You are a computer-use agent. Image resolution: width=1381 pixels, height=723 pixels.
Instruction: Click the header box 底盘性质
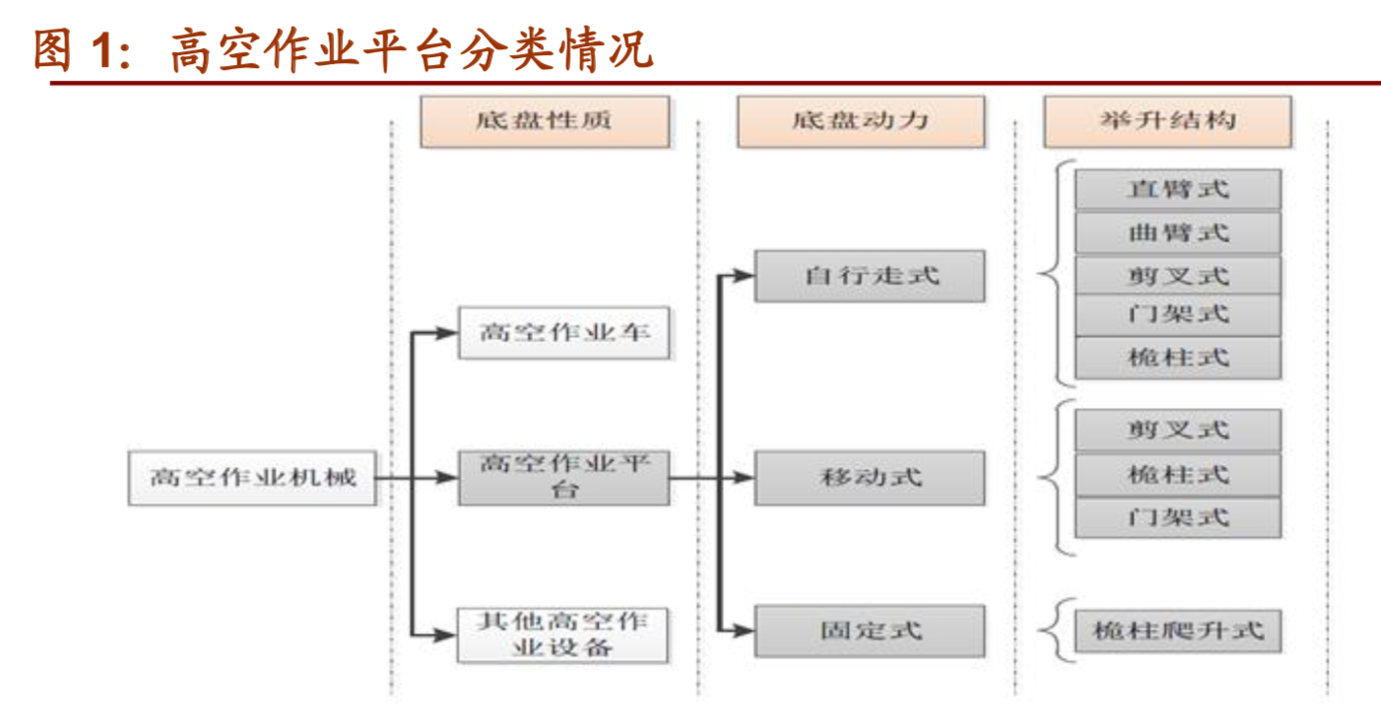(x=544, y=121)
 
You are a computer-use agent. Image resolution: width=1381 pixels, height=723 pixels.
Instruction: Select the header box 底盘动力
(x=860, y=121)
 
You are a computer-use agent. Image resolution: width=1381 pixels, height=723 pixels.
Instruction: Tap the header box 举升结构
(x=1166, y=121)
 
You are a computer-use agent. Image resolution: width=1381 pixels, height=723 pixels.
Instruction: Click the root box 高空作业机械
(x=252, y=478)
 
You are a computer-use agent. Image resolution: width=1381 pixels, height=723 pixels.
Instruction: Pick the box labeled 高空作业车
(x=563, y=333)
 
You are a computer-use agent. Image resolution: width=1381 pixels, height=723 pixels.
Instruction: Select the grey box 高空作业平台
(x=563, y=478)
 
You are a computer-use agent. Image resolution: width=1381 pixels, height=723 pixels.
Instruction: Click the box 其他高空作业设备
(x=563, y=634)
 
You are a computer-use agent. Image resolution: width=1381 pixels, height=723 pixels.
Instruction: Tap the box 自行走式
(x=870, y=276)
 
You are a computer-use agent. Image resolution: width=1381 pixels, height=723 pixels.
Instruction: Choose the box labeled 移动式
(x=870, y=478)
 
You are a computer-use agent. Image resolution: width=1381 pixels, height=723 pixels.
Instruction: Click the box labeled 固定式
(x=870, y=630)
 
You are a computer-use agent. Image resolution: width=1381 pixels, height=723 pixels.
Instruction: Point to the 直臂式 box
(x=1177, y=189)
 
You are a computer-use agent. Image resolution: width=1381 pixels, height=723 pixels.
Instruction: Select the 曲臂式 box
(x=1177, y=233)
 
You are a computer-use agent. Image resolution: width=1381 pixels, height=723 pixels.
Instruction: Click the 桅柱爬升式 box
(x=1177, y=630)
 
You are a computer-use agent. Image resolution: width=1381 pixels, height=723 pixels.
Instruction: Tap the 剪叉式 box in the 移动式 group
(x=1177, y=430)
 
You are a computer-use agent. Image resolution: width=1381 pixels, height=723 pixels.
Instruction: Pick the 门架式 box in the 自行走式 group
(x=1177, y=315)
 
